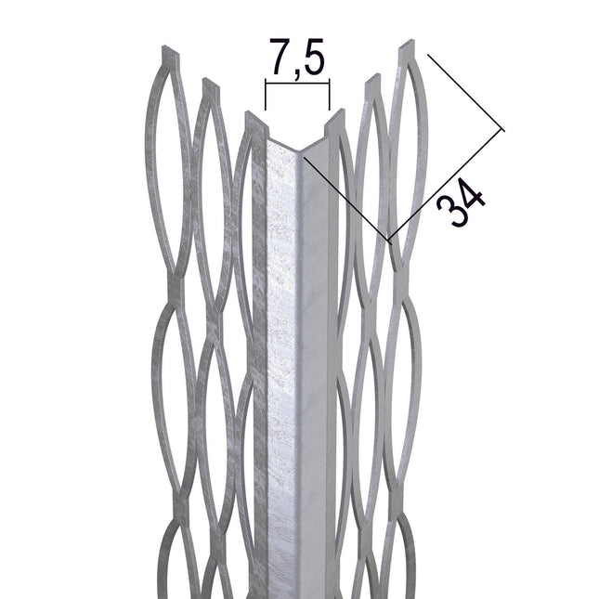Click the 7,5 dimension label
click(x=297, y=58)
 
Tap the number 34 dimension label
click(x=462, y=202)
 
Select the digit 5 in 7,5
click(x=312, y=56)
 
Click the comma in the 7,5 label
click(x=296, y=74)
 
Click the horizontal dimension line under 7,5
click(x=297, y=83)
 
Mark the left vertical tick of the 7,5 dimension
click(x=266, y=95)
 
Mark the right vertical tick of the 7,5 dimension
click(x=330, y=95)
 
